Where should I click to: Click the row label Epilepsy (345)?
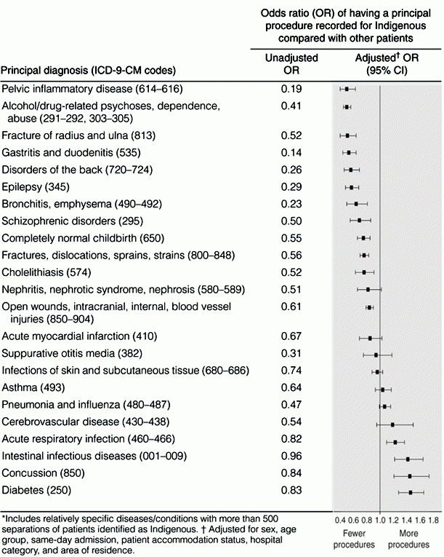pyautogui.click(x=36, y=187)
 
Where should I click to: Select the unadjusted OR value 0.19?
pyautogui.click(x=291, y=89)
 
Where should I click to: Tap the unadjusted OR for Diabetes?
pyautogui.click(x=291, y=490)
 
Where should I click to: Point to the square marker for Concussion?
pyautogui.click(x=410, y=475)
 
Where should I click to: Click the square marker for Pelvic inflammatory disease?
pyautogui.click(x=347, y=89)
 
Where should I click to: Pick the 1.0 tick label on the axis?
pyautogui.click(x=380, y=521)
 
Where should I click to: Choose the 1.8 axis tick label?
pyautogui.click(x=433, y=521)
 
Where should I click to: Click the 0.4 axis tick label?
pyautogui.click(x=340, y=521)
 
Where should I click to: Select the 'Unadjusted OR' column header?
pyautogui.click(x=291, y=63)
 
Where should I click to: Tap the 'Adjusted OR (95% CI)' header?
pyautogui.click(x=387, y=63)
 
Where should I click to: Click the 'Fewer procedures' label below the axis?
pyautogui.click(x=354, y=539)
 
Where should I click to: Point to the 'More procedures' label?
pyautogui.click(x=408, y=539)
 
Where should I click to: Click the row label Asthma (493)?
pyautogui.click(x=33, y=387)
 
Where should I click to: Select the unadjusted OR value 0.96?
pyautogui.click(x=291, y=456)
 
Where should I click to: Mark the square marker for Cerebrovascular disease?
pyautogui.click(x=392, y=424)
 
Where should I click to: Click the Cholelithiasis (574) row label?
pyautogui.click(x=46, y=272)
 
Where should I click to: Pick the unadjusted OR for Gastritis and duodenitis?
pyautogui.click(x=291, y=153)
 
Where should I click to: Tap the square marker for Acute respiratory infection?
pyautogui.click(x=395, y=442)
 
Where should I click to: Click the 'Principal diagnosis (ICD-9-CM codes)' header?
pyautogui.click(x=89, y=70)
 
